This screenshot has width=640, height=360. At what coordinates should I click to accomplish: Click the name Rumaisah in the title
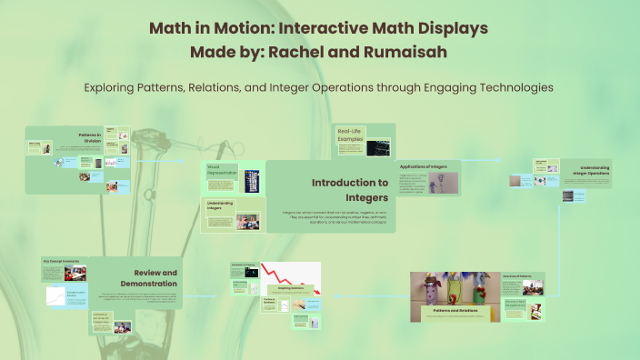point(407,52)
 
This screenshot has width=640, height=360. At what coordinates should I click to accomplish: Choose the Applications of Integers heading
point(424,167)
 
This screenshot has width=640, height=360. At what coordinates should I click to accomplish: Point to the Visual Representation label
point(221,170)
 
